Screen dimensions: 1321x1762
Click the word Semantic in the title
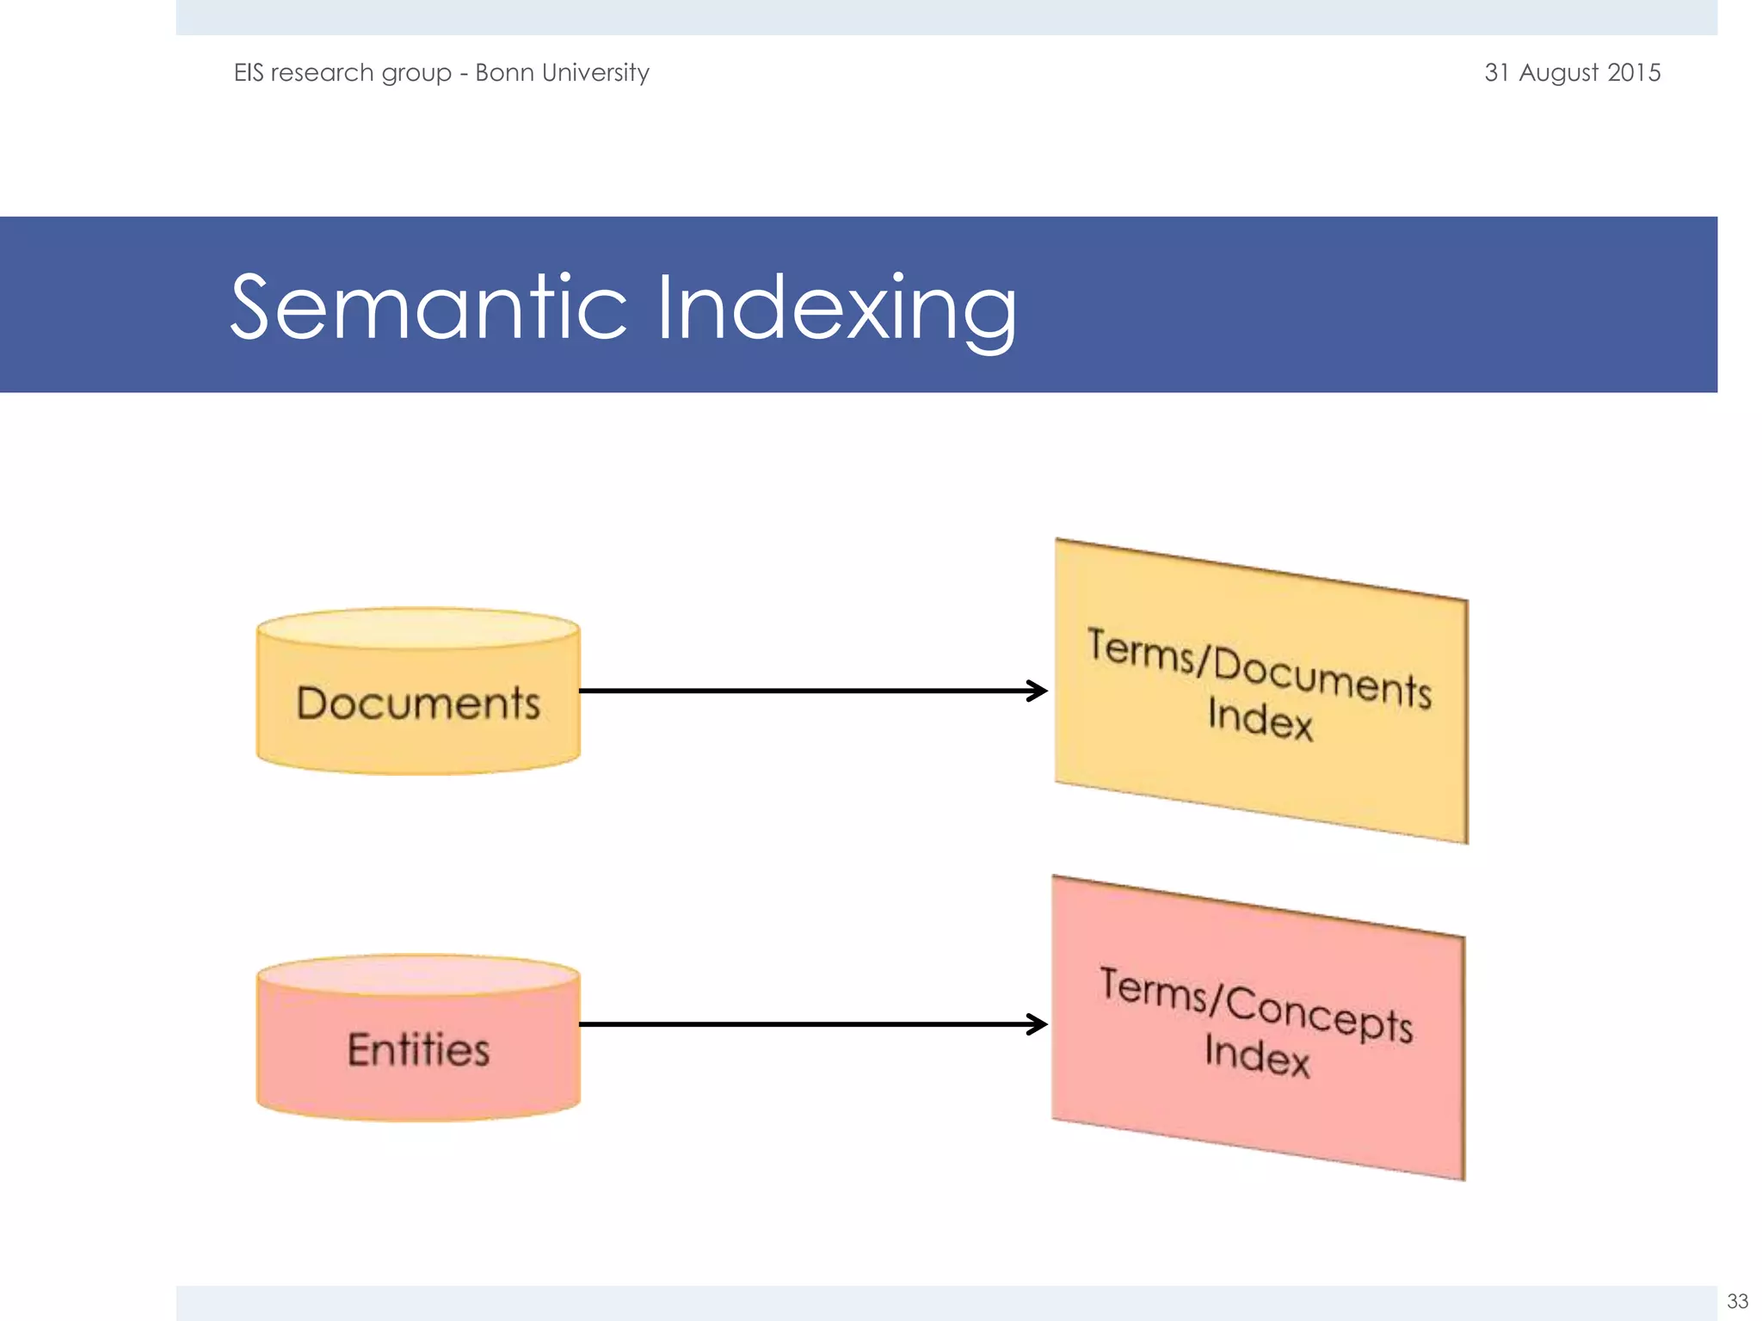click(428, 307)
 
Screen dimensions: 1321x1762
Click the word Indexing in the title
click(836, 310)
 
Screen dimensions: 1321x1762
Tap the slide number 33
click(1737, 1301)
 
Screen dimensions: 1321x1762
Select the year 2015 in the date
click(1634, 72)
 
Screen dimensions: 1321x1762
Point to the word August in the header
click(1558, 73)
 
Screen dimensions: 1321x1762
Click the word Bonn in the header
click(504, 72)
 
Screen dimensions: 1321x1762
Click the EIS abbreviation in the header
click(249, 72)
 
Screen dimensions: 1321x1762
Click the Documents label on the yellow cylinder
click(418, 704)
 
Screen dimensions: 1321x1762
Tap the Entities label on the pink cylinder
click(418, 1050)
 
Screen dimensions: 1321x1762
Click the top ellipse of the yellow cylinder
click(418, 629)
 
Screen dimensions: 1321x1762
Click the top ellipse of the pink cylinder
click(418, 975)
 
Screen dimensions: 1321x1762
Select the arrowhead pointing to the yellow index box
click(1038, 691)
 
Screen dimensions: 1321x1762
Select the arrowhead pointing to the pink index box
click(1038, 1024)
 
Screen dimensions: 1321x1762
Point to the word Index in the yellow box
click(1260, 718)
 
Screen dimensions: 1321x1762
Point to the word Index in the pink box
click(1257, 1054)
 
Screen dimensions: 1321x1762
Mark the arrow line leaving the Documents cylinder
click(800, 691)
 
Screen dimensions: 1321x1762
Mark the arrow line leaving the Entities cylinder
click(800, 1024)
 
